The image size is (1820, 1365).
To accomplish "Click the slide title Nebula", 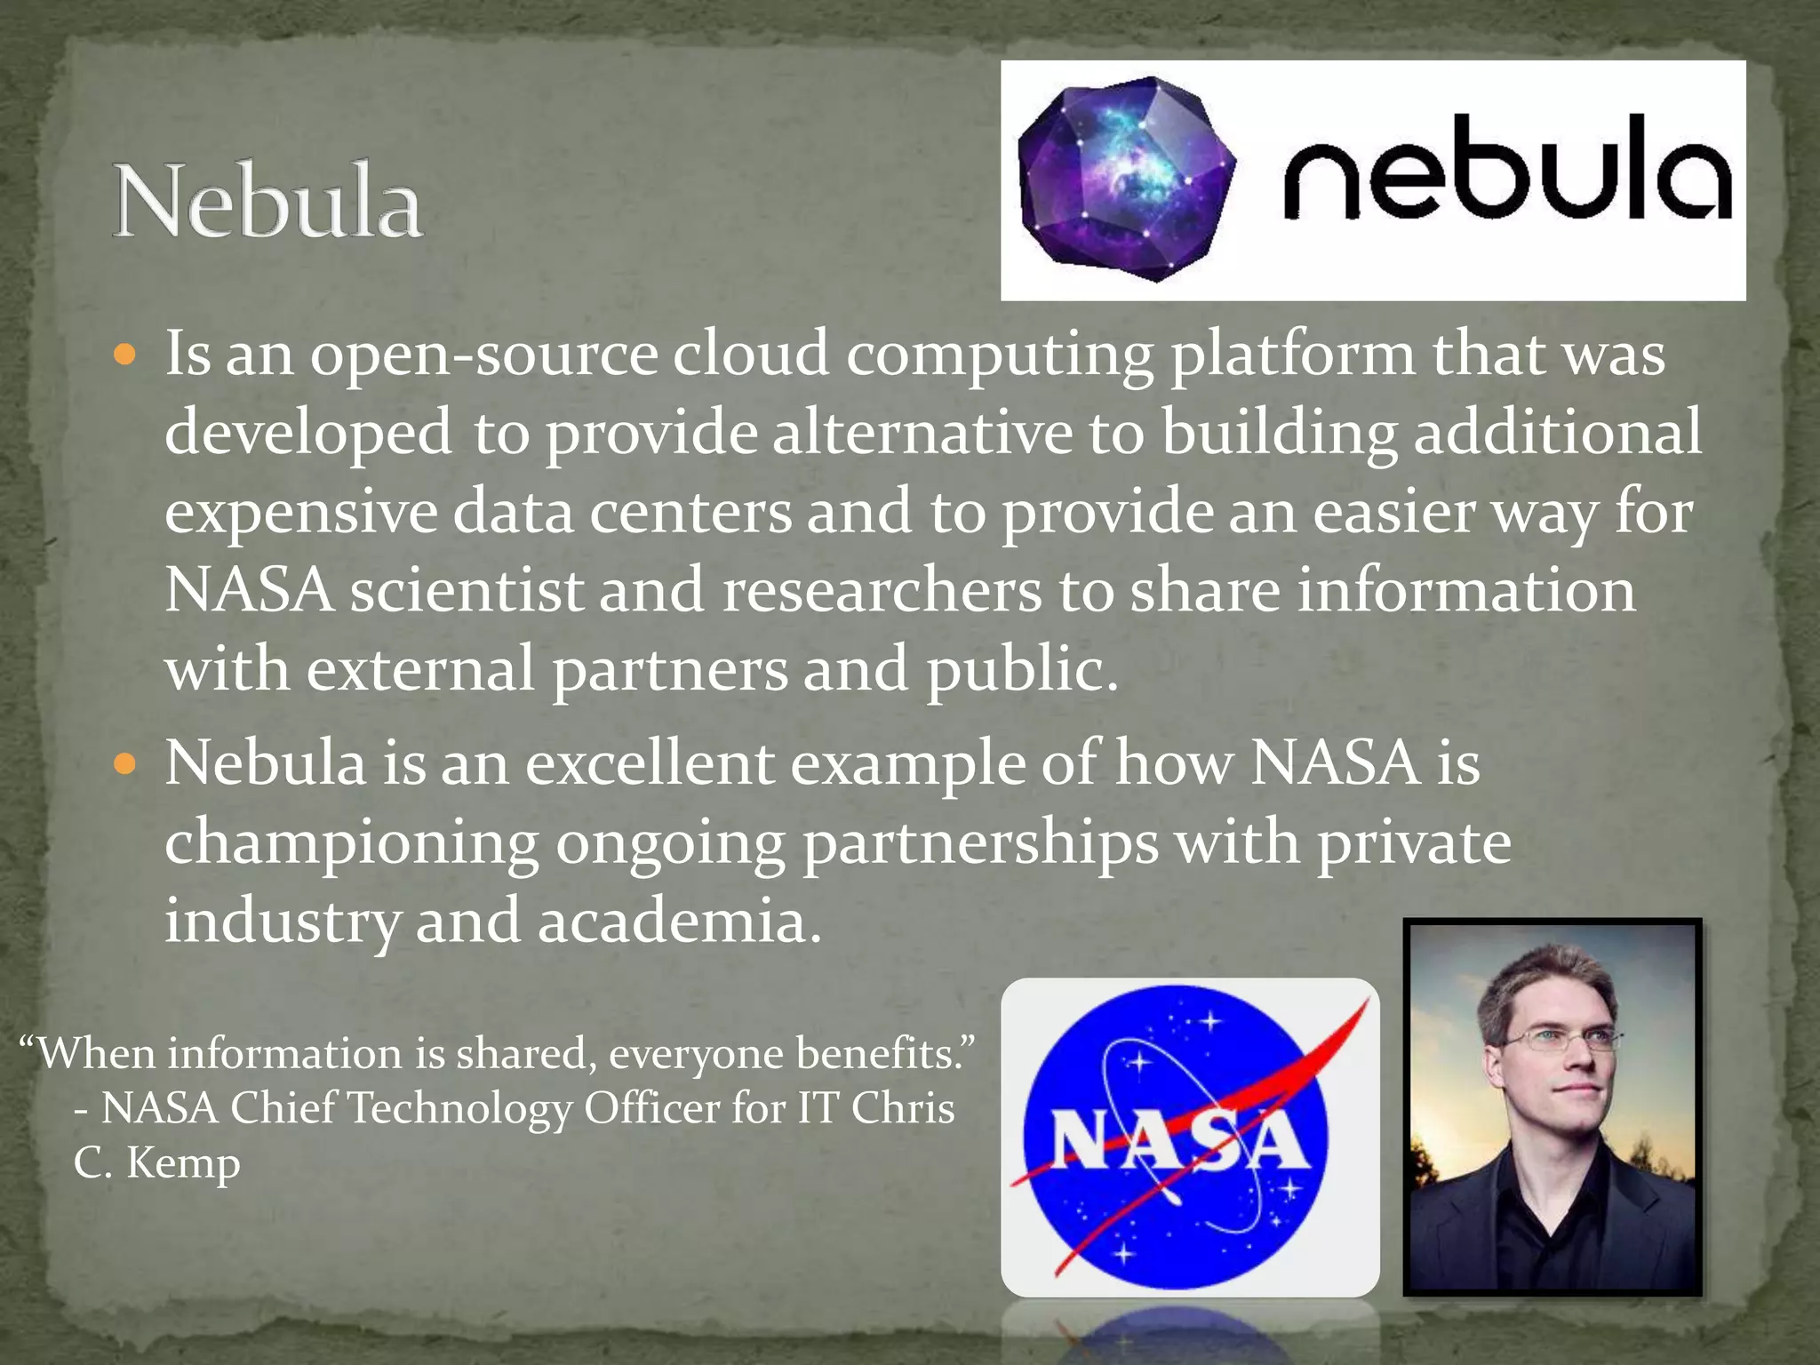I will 267,202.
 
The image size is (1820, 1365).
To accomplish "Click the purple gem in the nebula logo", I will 1124,179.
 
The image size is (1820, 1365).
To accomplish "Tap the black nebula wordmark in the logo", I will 1507,170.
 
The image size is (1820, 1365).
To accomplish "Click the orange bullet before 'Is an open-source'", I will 125,355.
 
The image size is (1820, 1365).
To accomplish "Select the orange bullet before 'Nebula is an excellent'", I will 125,764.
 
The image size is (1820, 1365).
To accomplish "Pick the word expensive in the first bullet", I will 300,514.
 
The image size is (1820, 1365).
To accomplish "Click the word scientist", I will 467,591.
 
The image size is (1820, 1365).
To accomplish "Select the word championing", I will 352,844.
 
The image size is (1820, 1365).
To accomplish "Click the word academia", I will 680,921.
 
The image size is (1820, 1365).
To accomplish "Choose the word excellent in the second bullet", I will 650,764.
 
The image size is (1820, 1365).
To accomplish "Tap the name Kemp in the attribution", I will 183,1162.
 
